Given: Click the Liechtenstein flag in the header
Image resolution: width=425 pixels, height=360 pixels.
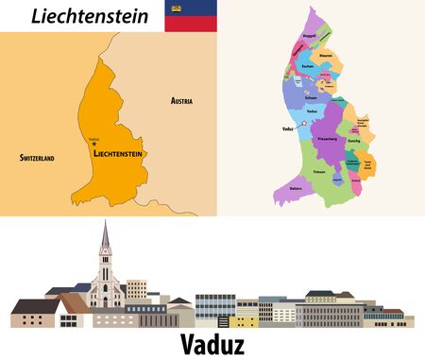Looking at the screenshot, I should coord(188,16).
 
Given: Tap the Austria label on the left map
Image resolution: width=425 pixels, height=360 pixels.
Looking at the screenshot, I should coord(182,99).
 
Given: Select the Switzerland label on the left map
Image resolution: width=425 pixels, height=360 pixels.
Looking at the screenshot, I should coord(37,158).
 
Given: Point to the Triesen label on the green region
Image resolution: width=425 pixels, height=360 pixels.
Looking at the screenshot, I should coord(320,171).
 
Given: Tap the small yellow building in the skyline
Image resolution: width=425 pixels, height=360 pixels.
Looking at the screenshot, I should coord(137,289).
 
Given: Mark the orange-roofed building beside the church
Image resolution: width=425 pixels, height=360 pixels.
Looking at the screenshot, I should coord(70,303).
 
